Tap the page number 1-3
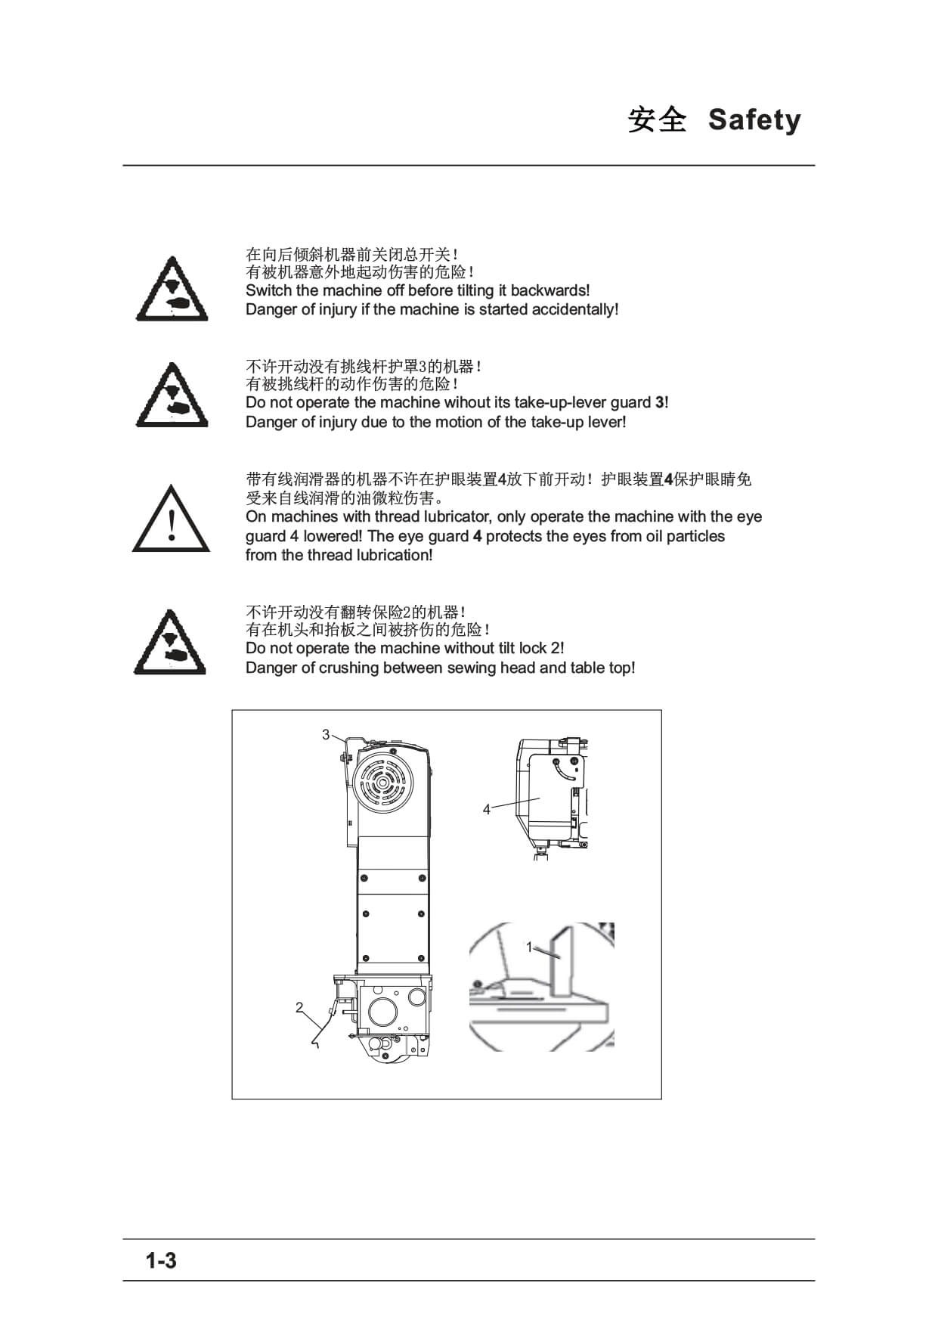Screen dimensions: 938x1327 [x=161, y=1260]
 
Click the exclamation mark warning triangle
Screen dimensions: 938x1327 [x=171, y=519]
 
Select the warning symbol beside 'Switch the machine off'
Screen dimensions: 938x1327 [x=172, y=289]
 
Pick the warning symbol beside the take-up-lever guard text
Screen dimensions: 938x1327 [x=172, y=395]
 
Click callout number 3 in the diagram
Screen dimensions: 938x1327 [x=326, y=734]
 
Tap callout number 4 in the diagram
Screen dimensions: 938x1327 [x=486, y=810]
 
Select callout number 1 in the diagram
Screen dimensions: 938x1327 [x=529, y=947]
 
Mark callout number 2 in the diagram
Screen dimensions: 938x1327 [x=299, y=1007]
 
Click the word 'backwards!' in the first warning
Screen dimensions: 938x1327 [x=550, y=290]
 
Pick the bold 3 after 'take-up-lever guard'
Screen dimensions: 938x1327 [x=659, y=402]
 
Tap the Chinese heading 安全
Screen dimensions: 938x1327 [x=658, y=120]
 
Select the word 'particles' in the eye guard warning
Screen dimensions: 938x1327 [x=695, y=536]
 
